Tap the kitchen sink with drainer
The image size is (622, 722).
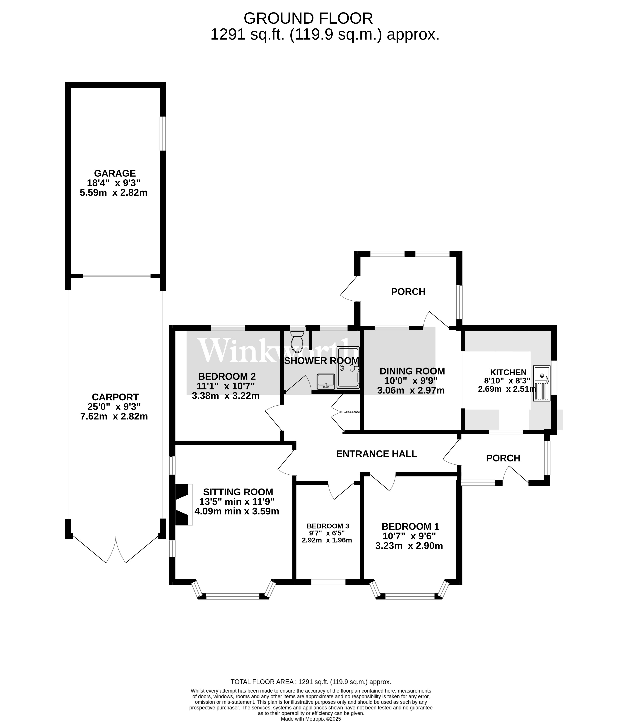[542, 383]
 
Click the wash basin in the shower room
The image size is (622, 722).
[326, 382]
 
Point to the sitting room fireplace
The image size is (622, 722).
[183, 504]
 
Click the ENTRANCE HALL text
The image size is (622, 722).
[376, 454]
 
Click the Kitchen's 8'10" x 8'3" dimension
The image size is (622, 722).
[507, 381]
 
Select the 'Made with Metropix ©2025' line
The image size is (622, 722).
[311, 719]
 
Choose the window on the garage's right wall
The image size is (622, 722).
[163, 133]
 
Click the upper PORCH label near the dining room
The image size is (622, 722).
[408, 292]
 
